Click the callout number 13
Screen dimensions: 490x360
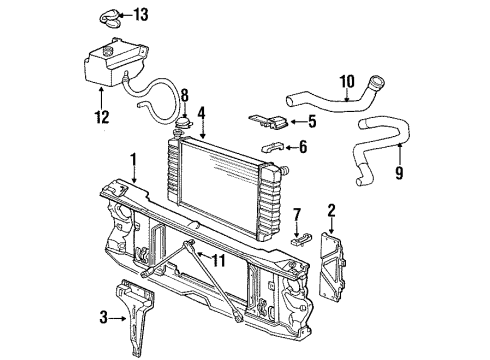(x=141, y=15)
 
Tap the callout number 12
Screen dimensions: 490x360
(x=102, y=117)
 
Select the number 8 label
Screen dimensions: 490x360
(x=185, y=95)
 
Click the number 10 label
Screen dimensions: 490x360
(x=347, y=82)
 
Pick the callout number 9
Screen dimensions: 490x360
(x=399, y=172)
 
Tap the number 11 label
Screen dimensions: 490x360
(x=218, y=260)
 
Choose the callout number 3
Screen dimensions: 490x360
(x=104, y=317)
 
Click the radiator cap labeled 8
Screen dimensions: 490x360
(x=184, y=123)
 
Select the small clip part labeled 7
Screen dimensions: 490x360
(x=302, y=239)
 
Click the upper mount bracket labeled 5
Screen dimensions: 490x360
(x=269, y=122)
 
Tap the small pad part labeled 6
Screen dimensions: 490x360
(x=273, y=147)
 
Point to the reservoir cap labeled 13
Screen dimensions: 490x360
(x=110, y=19)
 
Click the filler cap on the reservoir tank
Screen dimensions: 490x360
(x=108, y=51)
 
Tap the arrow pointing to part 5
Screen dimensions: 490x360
(x=297, y=122)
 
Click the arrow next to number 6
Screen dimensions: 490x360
(x=291, y=147)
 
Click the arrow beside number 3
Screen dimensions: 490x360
(x=118, y=319)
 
